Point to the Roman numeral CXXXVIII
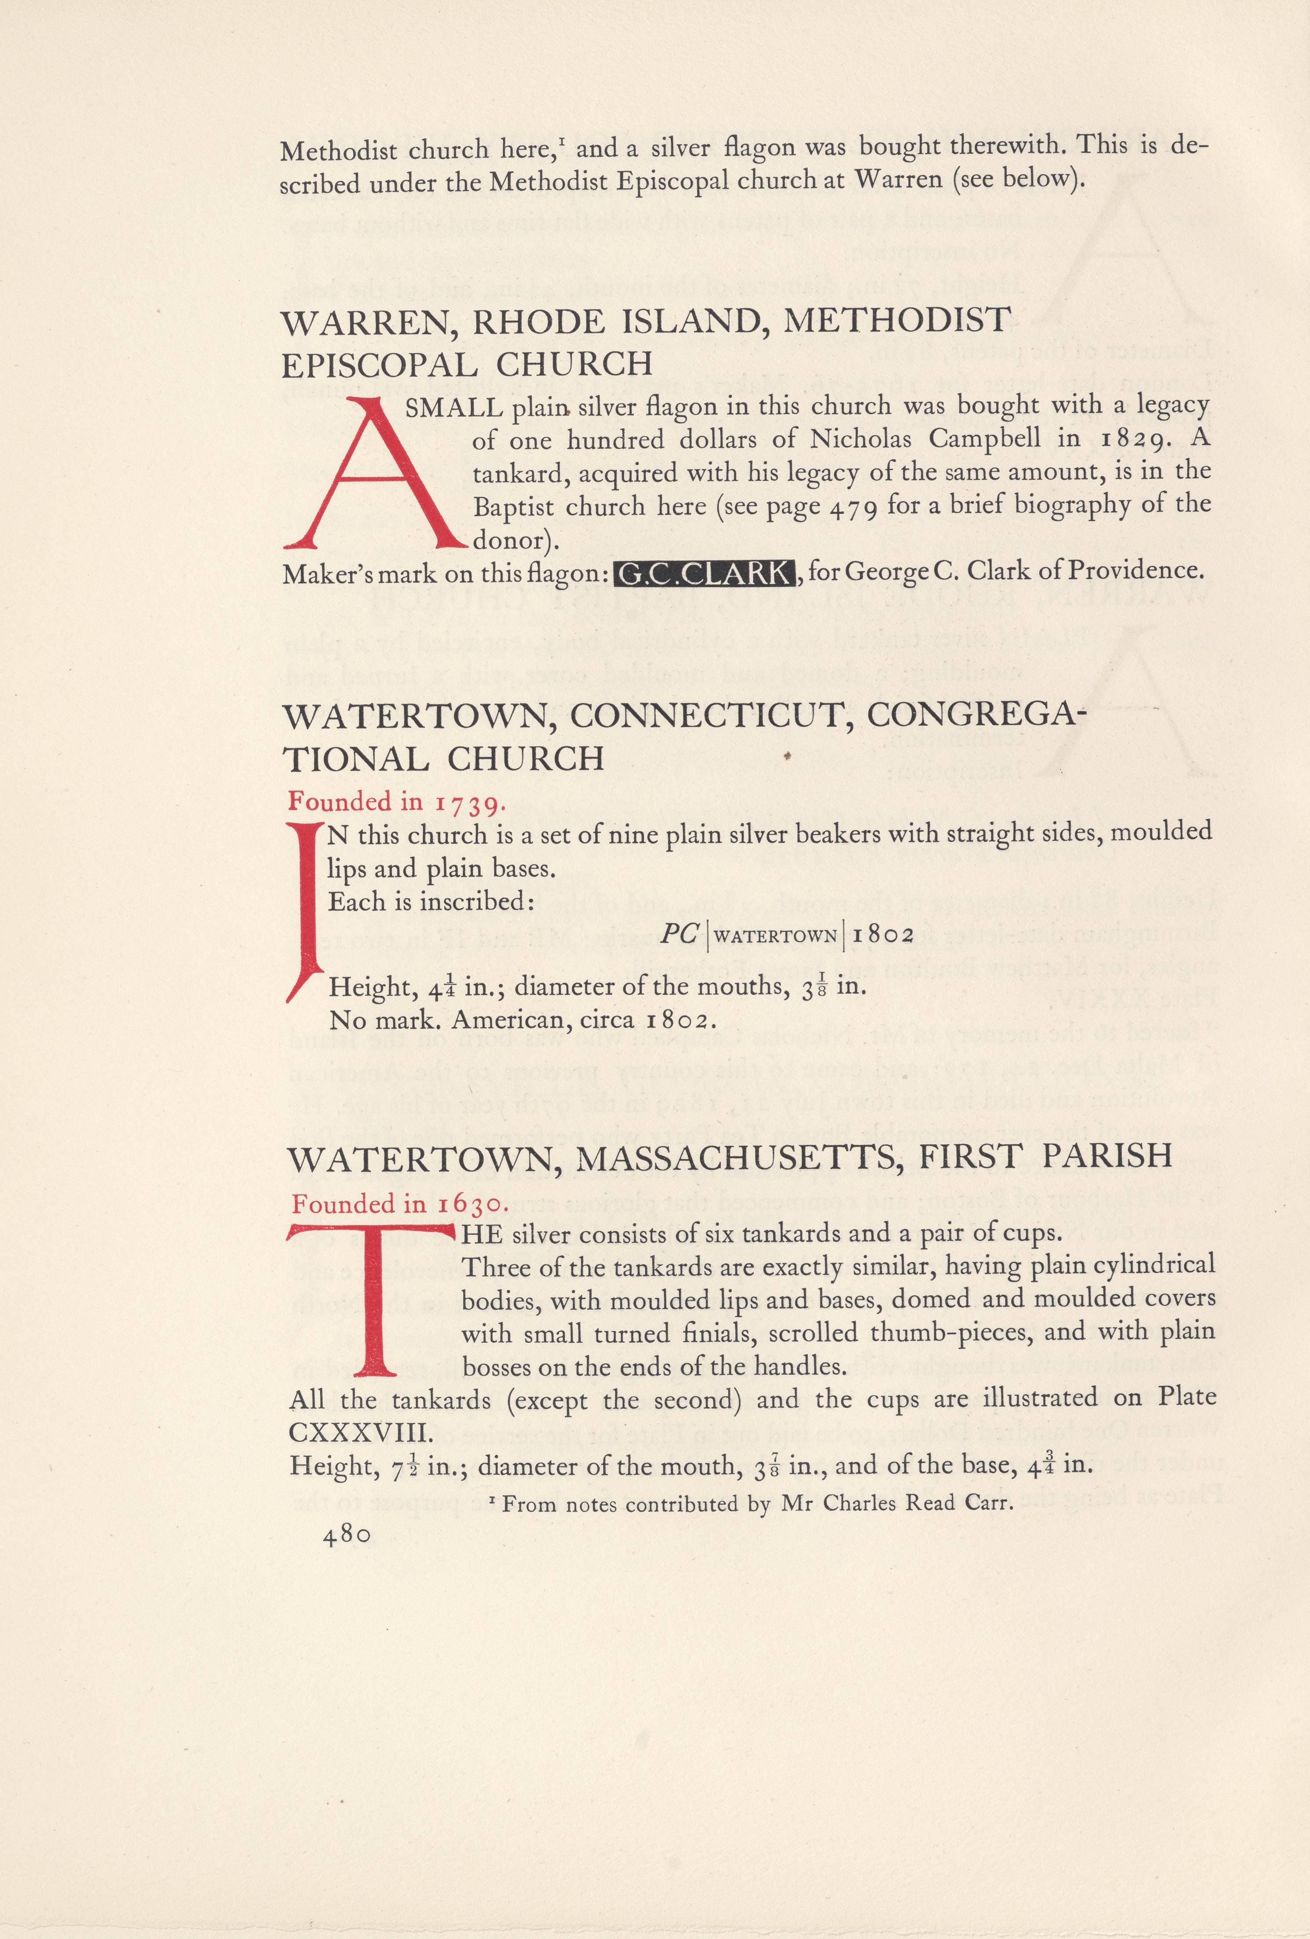coord(360,1432)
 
